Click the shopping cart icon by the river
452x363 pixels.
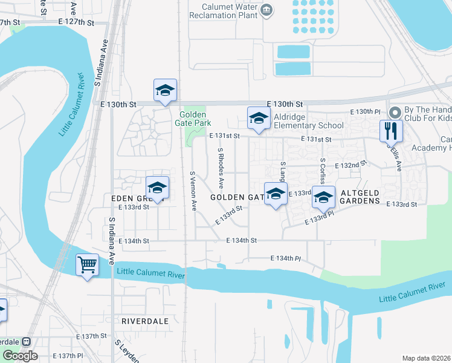point(88,265)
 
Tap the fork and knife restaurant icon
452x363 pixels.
point(391,130)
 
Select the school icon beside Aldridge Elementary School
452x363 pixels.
point(258,118)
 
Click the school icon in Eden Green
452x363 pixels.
point(157,188)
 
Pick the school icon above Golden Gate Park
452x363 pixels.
point(165,91)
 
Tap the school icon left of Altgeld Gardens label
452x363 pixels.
point(324,198)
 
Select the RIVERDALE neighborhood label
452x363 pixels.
point(144,321)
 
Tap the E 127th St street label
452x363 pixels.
point(77,22)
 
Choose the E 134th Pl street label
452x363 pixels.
point(285,258)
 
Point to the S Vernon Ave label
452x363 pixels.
point(193,191)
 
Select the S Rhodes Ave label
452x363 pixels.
point(221,166)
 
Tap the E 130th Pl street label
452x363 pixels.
point(366,112)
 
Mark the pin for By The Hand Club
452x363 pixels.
point(395,113)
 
